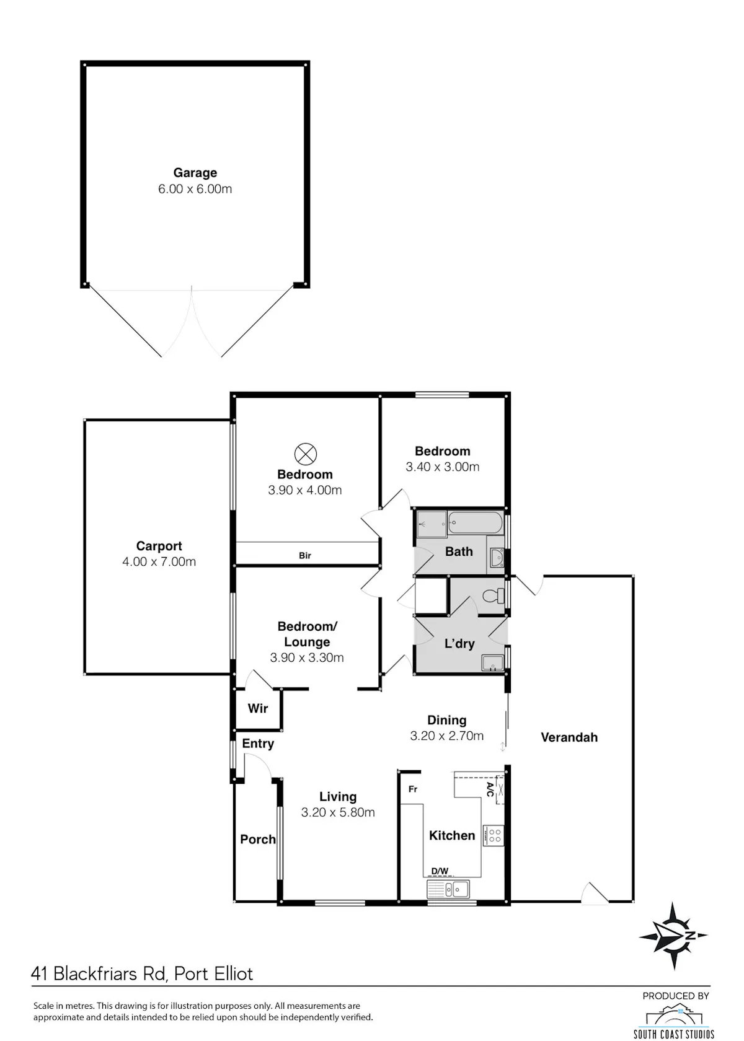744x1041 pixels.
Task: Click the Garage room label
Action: [x=195, y=173]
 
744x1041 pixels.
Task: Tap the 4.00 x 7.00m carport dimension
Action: [x=159, y=561]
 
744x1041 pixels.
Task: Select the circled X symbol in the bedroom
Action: [x=306, y=454]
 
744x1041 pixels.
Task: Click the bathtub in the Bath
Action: [x=475, y=523]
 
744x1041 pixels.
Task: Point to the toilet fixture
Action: [x=494, y=595]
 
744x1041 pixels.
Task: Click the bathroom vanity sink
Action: [x=496, y=558]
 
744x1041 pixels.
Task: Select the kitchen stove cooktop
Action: [x=493, y=835]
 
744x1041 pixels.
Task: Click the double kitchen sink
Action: [x=448, y=889]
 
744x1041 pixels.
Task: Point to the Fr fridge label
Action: [x=413, y=789]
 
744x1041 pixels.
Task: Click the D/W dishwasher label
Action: [x=440, y=871]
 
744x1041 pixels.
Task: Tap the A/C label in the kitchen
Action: [x=490, y=789]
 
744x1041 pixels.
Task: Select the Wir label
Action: [x=258, y=708]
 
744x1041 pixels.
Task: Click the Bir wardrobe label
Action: [x=305, y=555]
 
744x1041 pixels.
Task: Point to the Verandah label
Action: [x=569, y=737]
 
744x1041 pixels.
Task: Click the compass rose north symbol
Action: [x=673, y=936]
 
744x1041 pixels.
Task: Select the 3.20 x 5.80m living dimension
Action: [x=338, y=812]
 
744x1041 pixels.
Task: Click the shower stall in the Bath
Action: [x=431, y=523]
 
